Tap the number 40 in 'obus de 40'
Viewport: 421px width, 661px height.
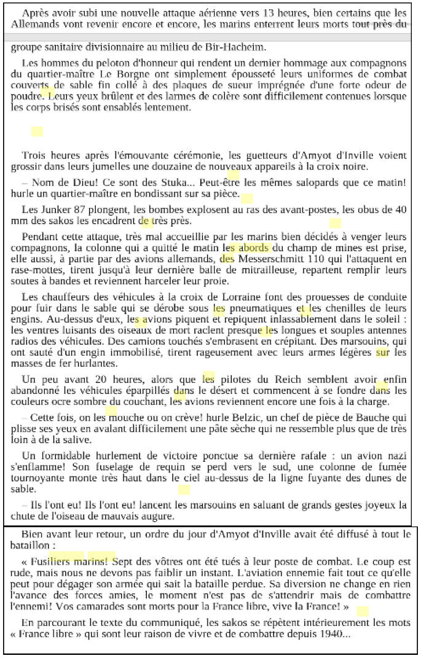[400, 209]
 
